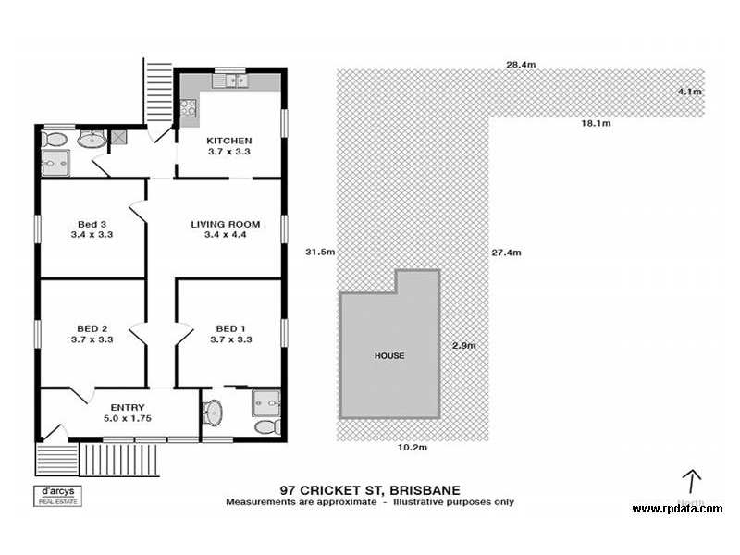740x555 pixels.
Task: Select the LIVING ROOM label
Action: (x=225, y=224)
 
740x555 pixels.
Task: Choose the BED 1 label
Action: (x=231, y=328)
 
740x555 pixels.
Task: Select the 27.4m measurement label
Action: (x=507, y=253)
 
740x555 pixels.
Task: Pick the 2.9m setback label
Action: (x=463, y=346)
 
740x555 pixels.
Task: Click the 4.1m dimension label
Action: (x=689, y=92)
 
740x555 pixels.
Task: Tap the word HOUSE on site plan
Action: (x=388, y=355)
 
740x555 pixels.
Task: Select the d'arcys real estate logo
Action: (x=57, y=495)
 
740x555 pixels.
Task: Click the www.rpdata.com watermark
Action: (x=677, y=509)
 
